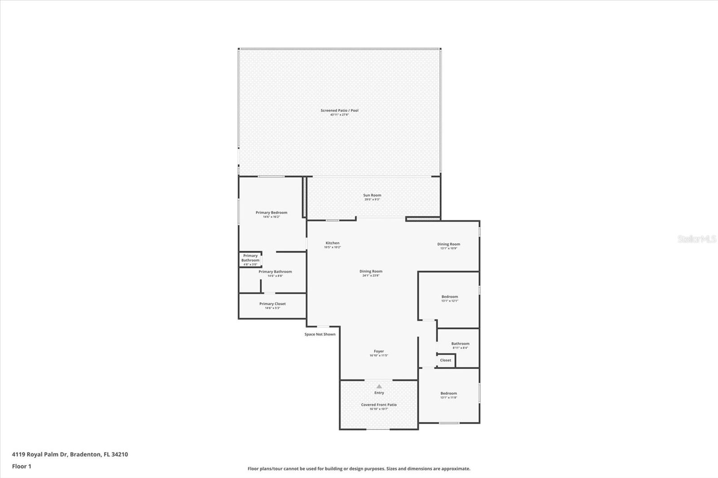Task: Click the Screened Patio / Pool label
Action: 339,110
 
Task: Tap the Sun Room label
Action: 372,195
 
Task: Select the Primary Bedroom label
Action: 271,213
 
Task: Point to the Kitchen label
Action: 333,243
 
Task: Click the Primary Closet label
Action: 272,304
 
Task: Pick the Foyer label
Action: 379,351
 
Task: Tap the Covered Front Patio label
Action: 379,404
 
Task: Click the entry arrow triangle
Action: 379,386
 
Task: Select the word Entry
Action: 379,393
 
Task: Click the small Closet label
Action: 446,360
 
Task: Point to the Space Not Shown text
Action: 320,334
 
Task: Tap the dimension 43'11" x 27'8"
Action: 339,115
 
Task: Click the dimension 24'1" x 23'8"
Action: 371,276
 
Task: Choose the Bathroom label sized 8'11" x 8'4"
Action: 460,343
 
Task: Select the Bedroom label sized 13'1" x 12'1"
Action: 450,296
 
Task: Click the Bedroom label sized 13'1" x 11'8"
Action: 449,393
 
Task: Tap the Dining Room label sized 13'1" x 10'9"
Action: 449,244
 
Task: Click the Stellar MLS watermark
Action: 697,239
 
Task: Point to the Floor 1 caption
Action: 22,466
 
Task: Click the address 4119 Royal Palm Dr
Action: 39,454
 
